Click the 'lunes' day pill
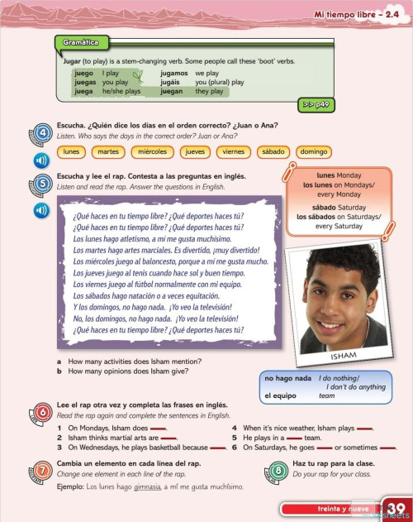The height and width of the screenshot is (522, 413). (x=72, y=151)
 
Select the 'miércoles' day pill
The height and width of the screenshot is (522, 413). (x=152, y=151)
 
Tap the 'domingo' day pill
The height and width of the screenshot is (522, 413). (x=313, y=151)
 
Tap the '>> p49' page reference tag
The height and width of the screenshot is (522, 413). (x=312, y=106)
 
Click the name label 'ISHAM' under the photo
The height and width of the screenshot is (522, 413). (x=343, y=356)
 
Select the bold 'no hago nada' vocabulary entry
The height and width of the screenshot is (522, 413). (x=286, y=379)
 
